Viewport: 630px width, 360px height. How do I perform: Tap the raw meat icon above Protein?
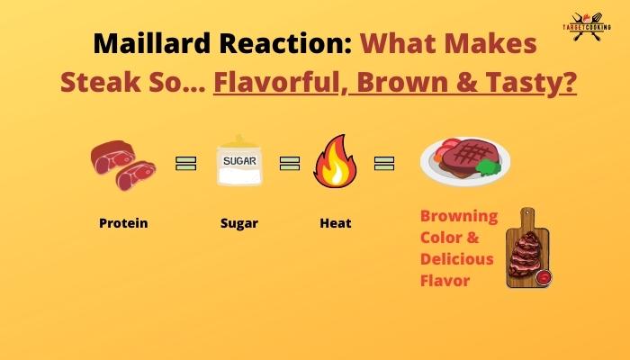[x=122, y=162]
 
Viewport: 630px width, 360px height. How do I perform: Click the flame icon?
[x=335, y=162]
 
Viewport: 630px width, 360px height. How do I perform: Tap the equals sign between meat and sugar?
[x=185, y=163]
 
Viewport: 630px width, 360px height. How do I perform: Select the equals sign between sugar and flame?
[x=289, y=163]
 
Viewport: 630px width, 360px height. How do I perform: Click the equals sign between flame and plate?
[x=384, y=163]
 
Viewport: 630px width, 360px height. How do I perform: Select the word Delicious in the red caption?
[x=457, y=258]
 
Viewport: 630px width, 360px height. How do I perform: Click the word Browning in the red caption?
[x=459, y=216]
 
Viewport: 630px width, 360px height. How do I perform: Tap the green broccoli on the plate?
[x=487, y=167]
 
